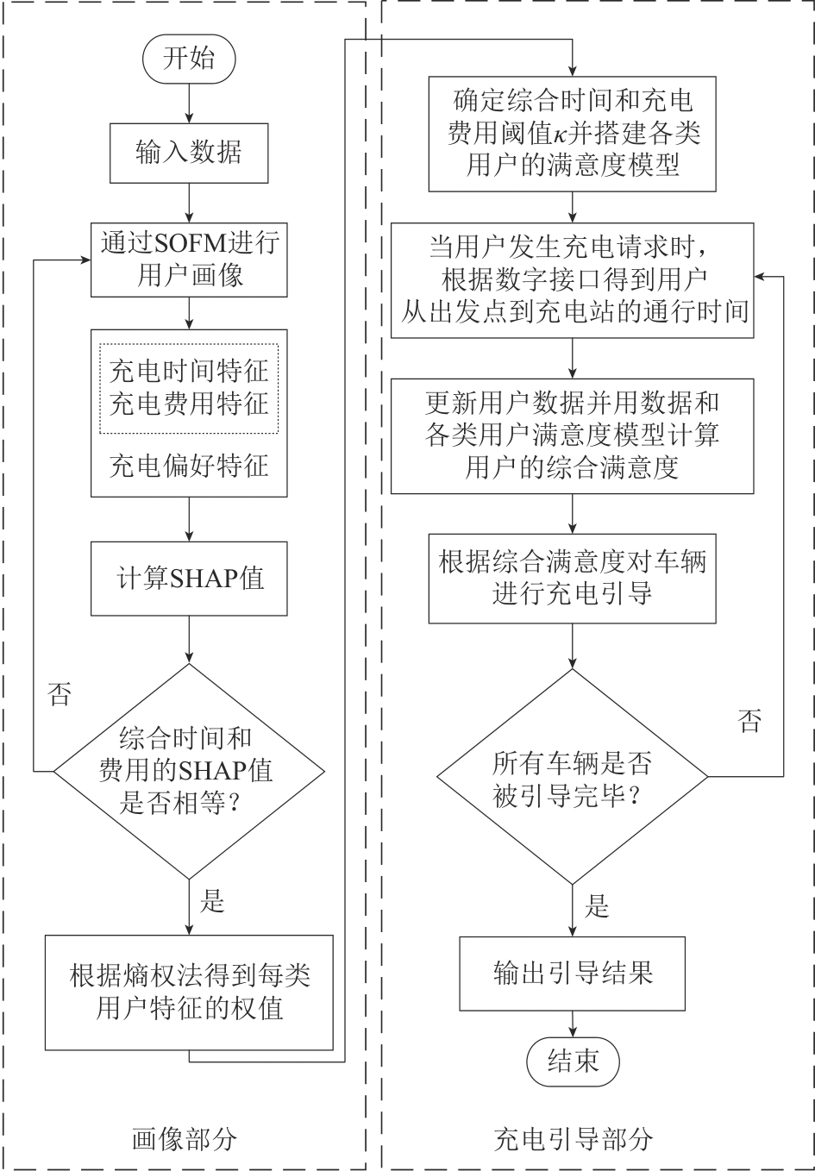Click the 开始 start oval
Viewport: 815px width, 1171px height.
(x=189, y=59)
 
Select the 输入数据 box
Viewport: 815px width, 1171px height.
(x=189, y=153)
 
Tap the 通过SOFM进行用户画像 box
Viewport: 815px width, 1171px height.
(x=189, y=259)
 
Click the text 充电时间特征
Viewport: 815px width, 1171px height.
(x=189, y=373)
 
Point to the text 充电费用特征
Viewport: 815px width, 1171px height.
(x=189, y=404)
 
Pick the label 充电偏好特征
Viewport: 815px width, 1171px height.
(x=189, y=467)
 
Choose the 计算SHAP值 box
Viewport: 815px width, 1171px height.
(x=189, y=578)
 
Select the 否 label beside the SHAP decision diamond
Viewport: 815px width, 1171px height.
(x=60, y=695)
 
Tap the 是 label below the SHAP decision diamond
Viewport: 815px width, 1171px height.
(x=212, y=902)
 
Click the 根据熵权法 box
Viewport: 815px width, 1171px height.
(x=189, y=992)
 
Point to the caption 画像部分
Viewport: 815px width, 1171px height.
(x=184, y=1139)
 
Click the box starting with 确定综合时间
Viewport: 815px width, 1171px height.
(x=573, y=134)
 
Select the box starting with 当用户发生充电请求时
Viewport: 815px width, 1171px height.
(x=573, y=280)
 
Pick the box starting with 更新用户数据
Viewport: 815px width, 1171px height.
(x=573, y=435)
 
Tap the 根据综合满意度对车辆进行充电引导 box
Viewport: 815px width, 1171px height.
(x=573, y=578)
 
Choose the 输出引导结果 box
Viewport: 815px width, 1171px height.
(x=573, y=973)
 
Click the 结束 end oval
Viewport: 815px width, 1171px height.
(x=573, y=1061)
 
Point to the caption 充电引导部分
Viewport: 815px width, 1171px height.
(x=573, y=1139)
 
